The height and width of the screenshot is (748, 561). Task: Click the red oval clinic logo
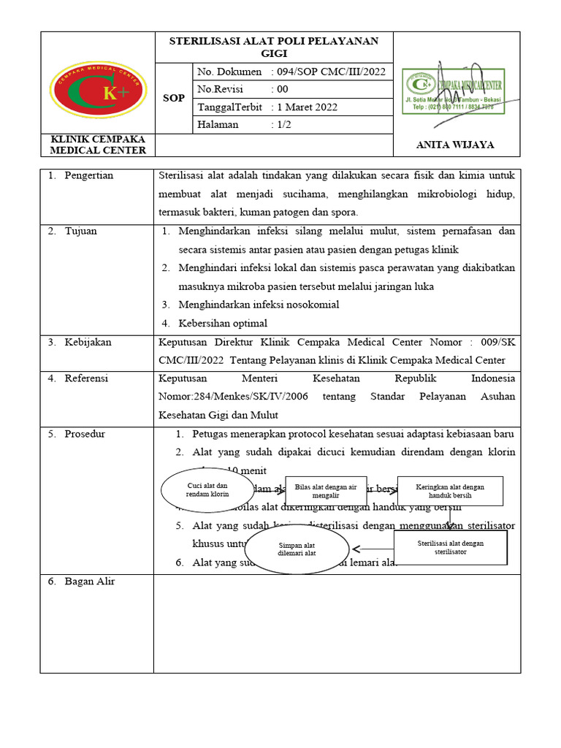[x=97, y=92]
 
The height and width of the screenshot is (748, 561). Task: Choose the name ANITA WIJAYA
[x=454, y=145]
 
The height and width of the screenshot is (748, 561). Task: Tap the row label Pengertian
[x=88, y=175]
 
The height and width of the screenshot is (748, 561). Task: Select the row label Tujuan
[x=80, y=231]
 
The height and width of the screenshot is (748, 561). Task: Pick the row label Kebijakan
[x=88, y=342]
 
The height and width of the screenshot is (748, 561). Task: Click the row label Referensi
[x=86, y=378]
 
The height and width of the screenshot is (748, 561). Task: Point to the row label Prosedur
[x=85, y=434]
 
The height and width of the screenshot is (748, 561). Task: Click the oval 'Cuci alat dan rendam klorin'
[x=207, y=490]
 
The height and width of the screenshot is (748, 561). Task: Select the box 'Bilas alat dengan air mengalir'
[x=327, y=491]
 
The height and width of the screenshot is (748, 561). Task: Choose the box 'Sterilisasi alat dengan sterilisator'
[x=450, y=547]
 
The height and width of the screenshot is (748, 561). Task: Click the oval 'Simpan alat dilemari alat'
[x=297, y=549]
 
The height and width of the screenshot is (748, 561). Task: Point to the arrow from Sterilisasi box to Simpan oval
[x=373, y=549]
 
